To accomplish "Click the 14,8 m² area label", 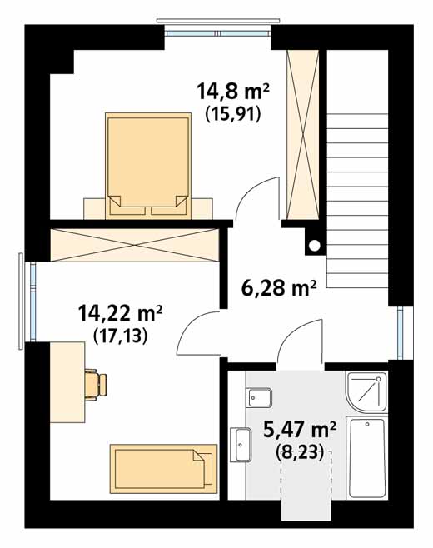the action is (233, 92).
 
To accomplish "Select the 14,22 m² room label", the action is (121, 312).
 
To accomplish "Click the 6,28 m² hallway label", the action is (279, 288).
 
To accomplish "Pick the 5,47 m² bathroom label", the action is (300, 429).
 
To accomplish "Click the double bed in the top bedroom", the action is (148, 164).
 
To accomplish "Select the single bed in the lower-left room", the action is (163, 469).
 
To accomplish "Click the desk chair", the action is (96, 385).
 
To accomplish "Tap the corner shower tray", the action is (366, 391).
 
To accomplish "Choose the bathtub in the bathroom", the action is (367, 458).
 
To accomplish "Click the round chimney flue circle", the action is (315, 246).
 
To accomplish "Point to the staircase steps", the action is (357, 201).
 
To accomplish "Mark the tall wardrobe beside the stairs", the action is (302, 135).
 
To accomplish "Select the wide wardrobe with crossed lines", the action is (135, 245).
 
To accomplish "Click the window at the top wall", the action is (218, 33).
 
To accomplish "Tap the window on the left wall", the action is (32, 301).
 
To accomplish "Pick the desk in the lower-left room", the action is (67, 382).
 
